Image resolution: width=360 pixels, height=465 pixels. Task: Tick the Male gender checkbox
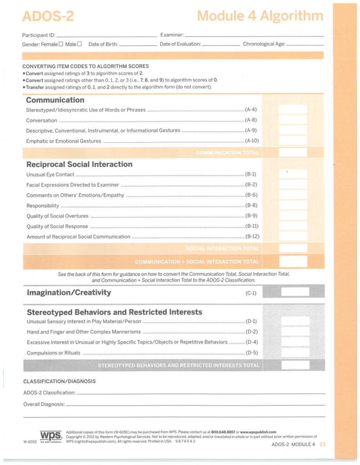(x=80, y=44)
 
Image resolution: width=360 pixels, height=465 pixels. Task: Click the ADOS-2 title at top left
(x=47, y=17)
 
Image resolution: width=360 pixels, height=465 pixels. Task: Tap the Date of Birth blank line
(x=137, y=45)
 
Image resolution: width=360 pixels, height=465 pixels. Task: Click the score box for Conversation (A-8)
(x=293, y=120)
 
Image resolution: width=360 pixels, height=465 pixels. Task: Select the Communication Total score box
(x=293, y=153)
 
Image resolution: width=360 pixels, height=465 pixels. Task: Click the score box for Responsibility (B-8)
(x=293, y=205)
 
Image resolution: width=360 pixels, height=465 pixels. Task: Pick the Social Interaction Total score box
(x=293, y=248)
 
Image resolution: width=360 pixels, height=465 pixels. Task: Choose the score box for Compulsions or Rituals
(x=295, y=352)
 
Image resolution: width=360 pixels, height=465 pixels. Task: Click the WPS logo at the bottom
(x=51, y=435)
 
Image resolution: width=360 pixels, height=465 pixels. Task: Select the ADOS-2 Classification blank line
(x=200, y=393)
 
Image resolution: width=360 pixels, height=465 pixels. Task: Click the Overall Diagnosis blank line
(x=195, y=404)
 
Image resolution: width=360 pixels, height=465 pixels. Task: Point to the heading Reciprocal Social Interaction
(x=80, y=164)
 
